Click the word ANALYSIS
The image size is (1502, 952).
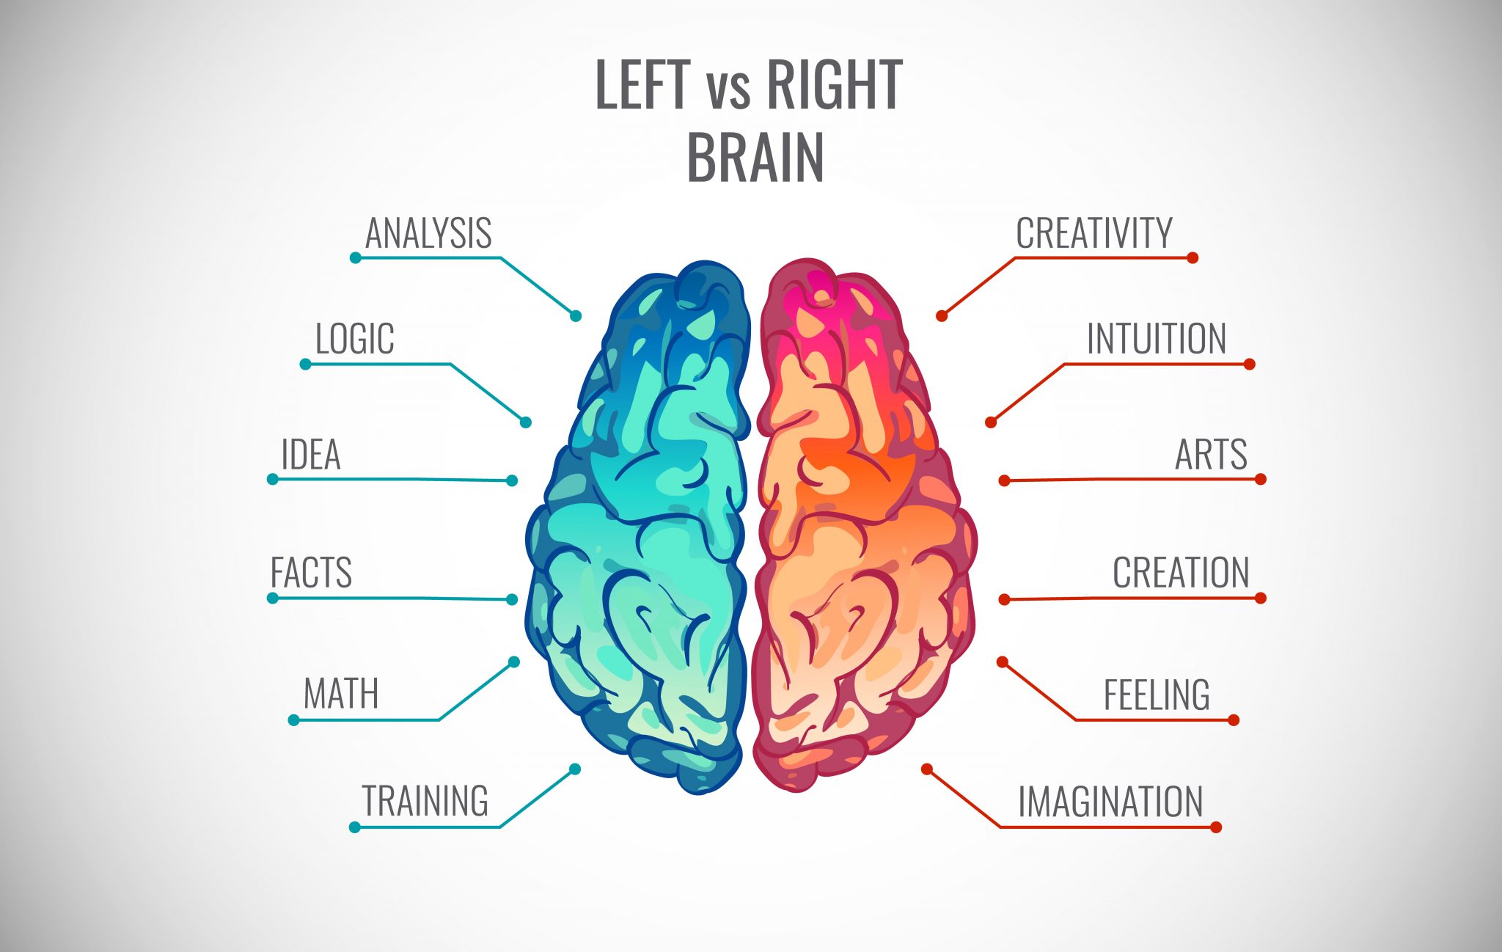point(428,234)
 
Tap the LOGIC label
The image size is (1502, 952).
point(355,339)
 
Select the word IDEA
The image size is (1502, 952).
point(311,455)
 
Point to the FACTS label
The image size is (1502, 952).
point(311,573)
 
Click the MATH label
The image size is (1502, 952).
point(341,694)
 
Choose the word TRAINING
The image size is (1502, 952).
point(425,801)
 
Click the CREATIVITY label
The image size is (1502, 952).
point(1094,234)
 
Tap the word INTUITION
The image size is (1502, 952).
point(1156,339)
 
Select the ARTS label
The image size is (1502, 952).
point(1211,455)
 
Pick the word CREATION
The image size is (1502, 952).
point(1181,573)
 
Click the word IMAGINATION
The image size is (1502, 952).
point(1110,802)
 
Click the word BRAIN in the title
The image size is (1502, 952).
point(755,158)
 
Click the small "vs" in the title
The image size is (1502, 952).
point(728,91)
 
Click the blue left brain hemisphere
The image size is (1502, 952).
point(638,528)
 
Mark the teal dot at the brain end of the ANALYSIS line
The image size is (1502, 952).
point(576,316)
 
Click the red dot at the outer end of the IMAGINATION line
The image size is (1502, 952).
point(1216,827)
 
